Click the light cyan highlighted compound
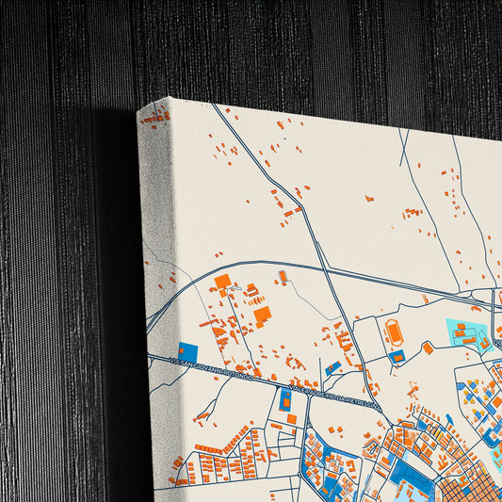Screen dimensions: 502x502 click(x=465, y=332)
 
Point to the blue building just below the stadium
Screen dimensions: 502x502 click(x=397, y=356)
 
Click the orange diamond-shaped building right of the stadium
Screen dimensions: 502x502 click(x=428, y=348)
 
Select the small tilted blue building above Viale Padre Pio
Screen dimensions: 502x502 click(x=332, y=368)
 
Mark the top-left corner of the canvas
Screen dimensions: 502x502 click(x=139, y=112)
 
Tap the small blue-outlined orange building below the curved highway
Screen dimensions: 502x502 click(x=283, y=276)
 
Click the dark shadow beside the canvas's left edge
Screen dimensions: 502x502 click(x=118, y=283)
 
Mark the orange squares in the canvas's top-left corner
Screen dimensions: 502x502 click(x=156, y=117)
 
